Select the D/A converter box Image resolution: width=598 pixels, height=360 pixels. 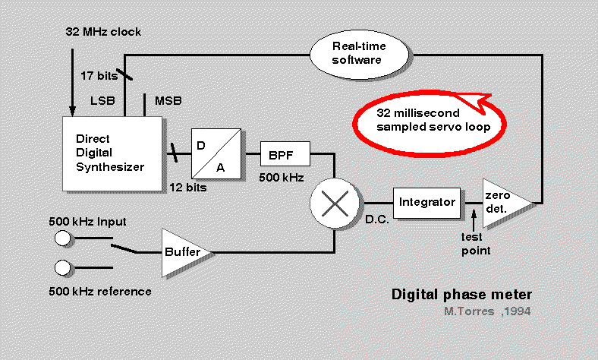pos(216,152)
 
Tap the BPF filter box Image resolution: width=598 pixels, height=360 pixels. pos(285,155)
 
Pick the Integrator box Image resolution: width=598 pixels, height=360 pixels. pos(426,202)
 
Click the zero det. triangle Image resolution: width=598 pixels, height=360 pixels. pos(504,202)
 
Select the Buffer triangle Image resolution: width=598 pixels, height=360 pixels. pos(182,251)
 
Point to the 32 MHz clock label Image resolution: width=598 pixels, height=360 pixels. pos(102,32)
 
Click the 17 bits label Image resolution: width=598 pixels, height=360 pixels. pos(98,75)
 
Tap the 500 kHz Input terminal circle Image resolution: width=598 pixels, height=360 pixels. pos(63,238)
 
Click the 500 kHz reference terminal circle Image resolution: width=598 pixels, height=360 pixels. pos(63,268)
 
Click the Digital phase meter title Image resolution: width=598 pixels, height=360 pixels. pos(461,294)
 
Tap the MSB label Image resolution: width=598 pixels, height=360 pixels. pos(168,101)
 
